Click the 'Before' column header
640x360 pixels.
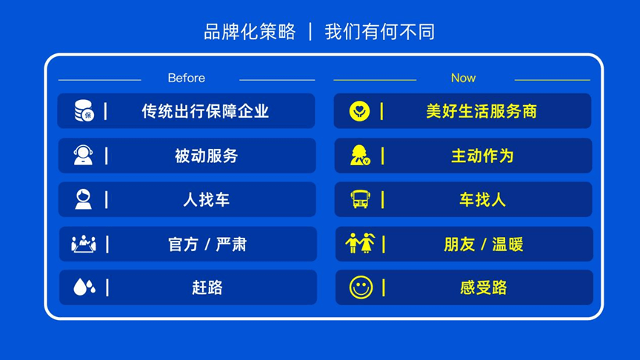tap(186, 78)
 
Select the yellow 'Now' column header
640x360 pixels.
tap(463, 78)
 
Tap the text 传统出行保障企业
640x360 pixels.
tap(205, 111)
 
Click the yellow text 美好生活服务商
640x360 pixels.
tap(481, 111)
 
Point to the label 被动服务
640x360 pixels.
tap(207, 156)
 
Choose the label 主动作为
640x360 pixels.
tap(482, 156)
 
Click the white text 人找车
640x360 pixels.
tap(207, 199)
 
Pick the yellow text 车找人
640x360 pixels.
tap(483, 199)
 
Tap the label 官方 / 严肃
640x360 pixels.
tap(207, 244)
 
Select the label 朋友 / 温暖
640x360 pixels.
tap(484, 244)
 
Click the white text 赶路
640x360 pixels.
tap(207, 287)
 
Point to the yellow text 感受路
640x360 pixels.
tap(484, 287)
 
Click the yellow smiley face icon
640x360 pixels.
tap(361, 287)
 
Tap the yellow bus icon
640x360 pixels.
tap(361, 199)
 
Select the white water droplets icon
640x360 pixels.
tap(84, 287)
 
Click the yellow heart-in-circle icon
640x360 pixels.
tap(359, 111)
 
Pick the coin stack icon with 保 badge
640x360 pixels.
tap(84, 110)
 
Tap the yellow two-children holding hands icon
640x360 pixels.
tap(360, 243)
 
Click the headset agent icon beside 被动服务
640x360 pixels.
tap(83, 155)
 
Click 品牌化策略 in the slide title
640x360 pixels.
tap(250, 31)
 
